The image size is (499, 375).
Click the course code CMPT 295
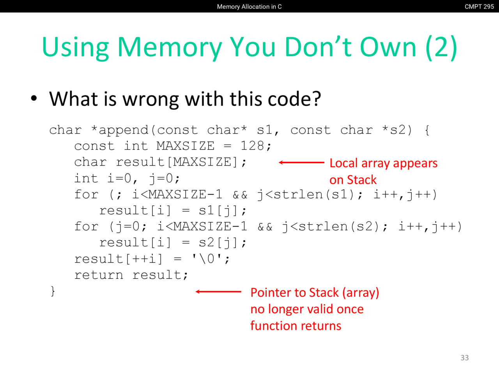[479, 7]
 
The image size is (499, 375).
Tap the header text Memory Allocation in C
[249, 7]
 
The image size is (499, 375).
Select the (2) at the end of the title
[441, 48]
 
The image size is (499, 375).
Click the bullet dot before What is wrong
[34, 98]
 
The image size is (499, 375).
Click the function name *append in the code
[120, 130]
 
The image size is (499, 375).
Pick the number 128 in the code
[252, 146]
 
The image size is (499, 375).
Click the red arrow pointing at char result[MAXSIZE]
[301, 162]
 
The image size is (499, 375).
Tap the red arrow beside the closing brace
[218, 291]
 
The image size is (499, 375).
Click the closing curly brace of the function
[53, 291]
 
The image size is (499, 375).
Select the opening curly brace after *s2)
[427, 130]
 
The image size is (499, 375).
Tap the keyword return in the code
[99, 275]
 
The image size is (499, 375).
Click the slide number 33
[464, 358]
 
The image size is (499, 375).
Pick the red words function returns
[296, 326]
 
